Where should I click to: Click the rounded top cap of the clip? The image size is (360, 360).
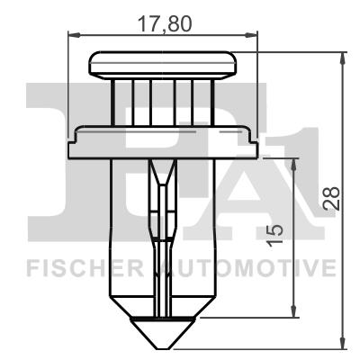click(163, 65)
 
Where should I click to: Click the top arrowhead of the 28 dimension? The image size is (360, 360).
click(343, 57)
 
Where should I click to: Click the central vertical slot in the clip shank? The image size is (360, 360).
click(162, 243)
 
